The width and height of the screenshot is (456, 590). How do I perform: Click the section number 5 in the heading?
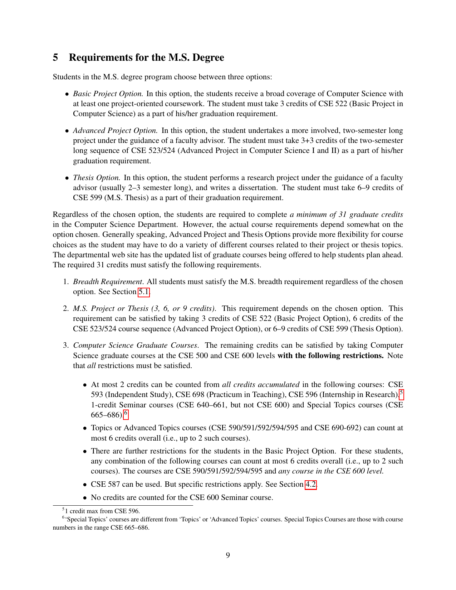[x=55, y=58]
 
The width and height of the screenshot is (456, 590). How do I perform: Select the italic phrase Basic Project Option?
[x=108, y=94]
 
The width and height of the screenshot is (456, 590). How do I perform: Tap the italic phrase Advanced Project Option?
[x=115, y=130]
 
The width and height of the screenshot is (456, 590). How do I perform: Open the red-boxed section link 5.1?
[x=144, y=292]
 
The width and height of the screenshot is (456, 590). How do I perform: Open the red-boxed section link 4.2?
[x=310, y=484]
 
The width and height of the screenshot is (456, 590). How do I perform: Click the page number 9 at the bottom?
[x=228, y=555]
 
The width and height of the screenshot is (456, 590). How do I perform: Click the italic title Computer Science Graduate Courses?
[x=135, y=345]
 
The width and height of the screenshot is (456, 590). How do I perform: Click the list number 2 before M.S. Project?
[x=65, y=308]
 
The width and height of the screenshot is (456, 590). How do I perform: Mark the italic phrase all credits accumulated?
[x=261, y=385]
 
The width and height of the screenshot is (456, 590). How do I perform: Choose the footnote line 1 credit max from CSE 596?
[x=102, y=511]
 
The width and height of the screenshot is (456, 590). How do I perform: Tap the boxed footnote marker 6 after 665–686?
[x=126, y=414]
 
